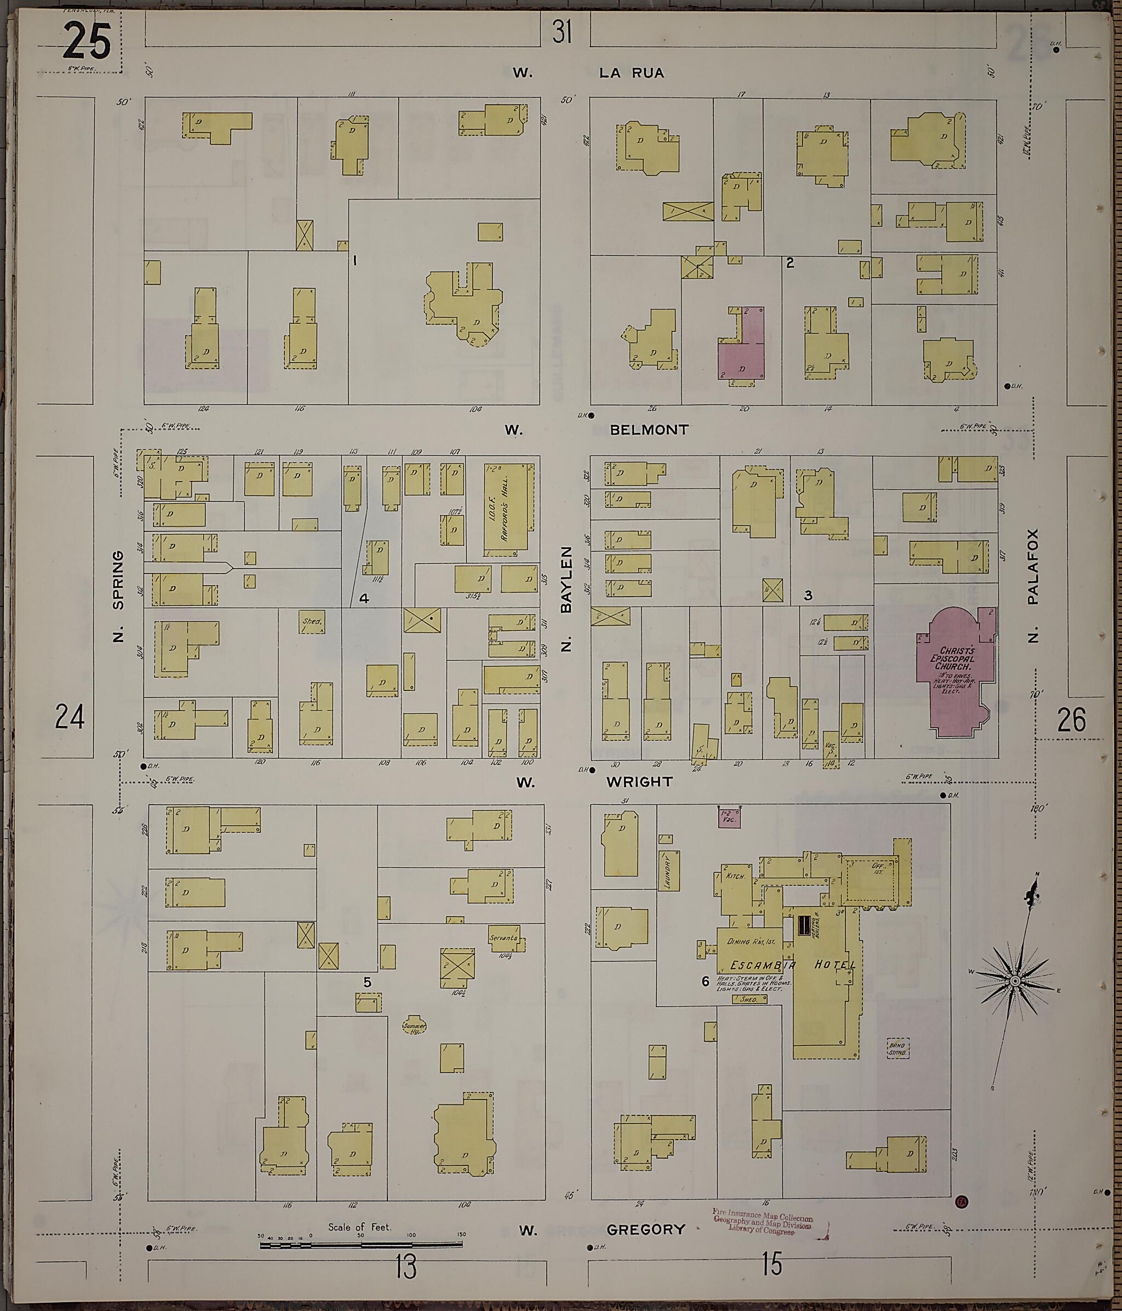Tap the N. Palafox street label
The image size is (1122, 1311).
1033,585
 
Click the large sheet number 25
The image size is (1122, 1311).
87,42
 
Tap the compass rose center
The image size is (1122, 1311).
1015,980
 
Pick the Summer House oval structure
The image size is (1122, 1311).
415,1026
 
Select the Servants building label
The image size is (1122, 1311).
505,938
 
